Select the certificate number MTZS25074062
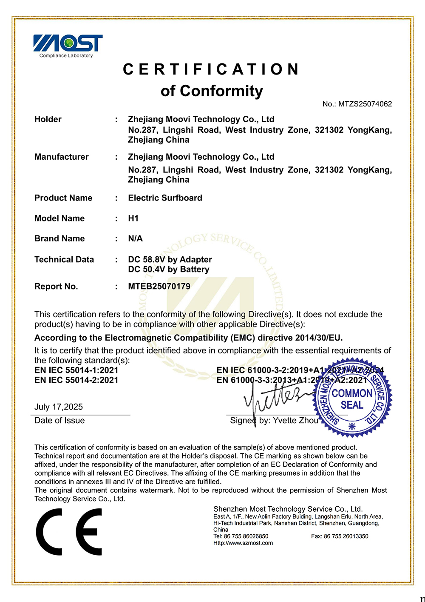point(365,104)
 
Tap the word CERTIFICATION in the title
point(212,69)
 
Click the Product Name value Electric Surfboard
point(165,198)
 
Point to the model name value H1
point(133,218)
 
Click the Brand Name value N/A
point(136,239)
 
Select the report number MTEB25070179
point(159,287)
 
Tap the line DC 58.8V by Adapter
point(170,260)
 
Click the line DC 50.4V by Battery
point(169,269)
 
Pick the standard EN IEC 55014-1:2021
point(76,370)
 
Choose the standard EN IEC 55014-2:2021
point(76,380)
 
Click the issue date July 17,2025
point(59,407)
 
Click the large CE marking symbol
point(69,532)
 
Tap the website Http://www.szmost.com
point(243,543)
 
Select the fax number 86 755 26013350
point(346,536)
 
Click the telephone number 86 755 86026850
point(246,536)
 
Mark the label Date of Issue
point(59,421)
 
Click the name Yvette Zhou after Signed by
point(295,421)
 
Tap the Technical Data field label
point(64,260)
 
